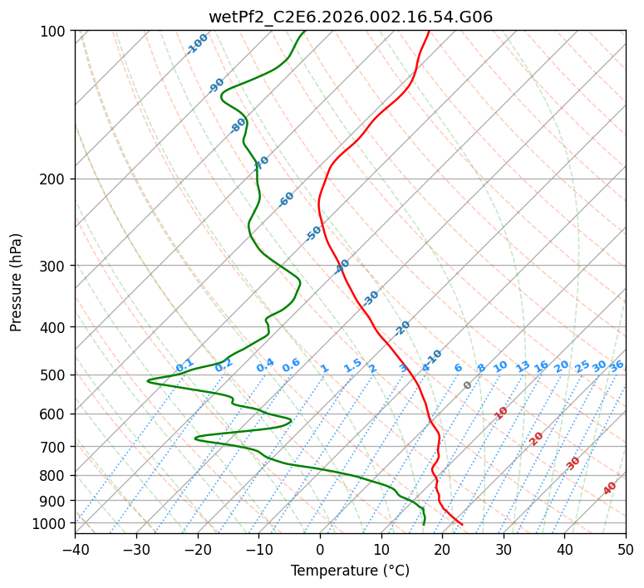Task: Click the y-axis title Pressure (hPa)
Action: pyautogui.click(x=17, y=282)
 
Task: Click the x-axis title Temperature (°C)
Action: pyautogui.click(x=350, y=571)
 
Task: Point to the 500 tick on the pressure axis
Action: pyautogui.click(x=53, y=375)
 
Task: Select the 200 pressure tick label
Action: pyautogui.click(x=53, y=179)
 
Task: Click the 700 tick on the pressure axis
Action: pyautogui.click(x=53, y=447)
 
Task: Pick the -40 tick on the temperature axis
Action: pyautogui.click(x=75, y=549)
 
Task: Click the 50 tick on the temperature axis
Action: pyautogui.click(x=626, y=549)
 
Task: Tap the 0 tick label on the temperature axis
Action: pyautogui.click(x=320, y=549)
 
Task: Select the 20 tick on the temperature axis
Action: pyautogui.click(x=442, y=549)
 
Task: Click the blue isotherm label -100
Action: pyautogui.click(x=198, y=43)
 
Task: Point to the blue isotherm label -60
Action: pyautogui.click(x=287, y=199)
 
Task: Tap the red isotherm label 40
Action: pyautogui.click(x=610, y=488)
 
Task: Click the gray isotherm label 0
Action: pyautogui.click(x=468, y=385)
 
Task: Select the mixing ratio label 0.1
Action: pyautogui.click(x=184, y=365)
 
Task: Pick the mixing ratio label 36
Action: pyautogui.click(x=617, y=365)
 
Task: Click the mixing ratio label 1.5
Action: pyautogui.click(x=352, y=365)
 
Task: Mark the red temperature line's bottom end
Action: pyautogui.click(x=462, y=524)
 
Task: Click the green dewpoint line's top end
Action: pyautogui.click(x=304, y=31)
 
